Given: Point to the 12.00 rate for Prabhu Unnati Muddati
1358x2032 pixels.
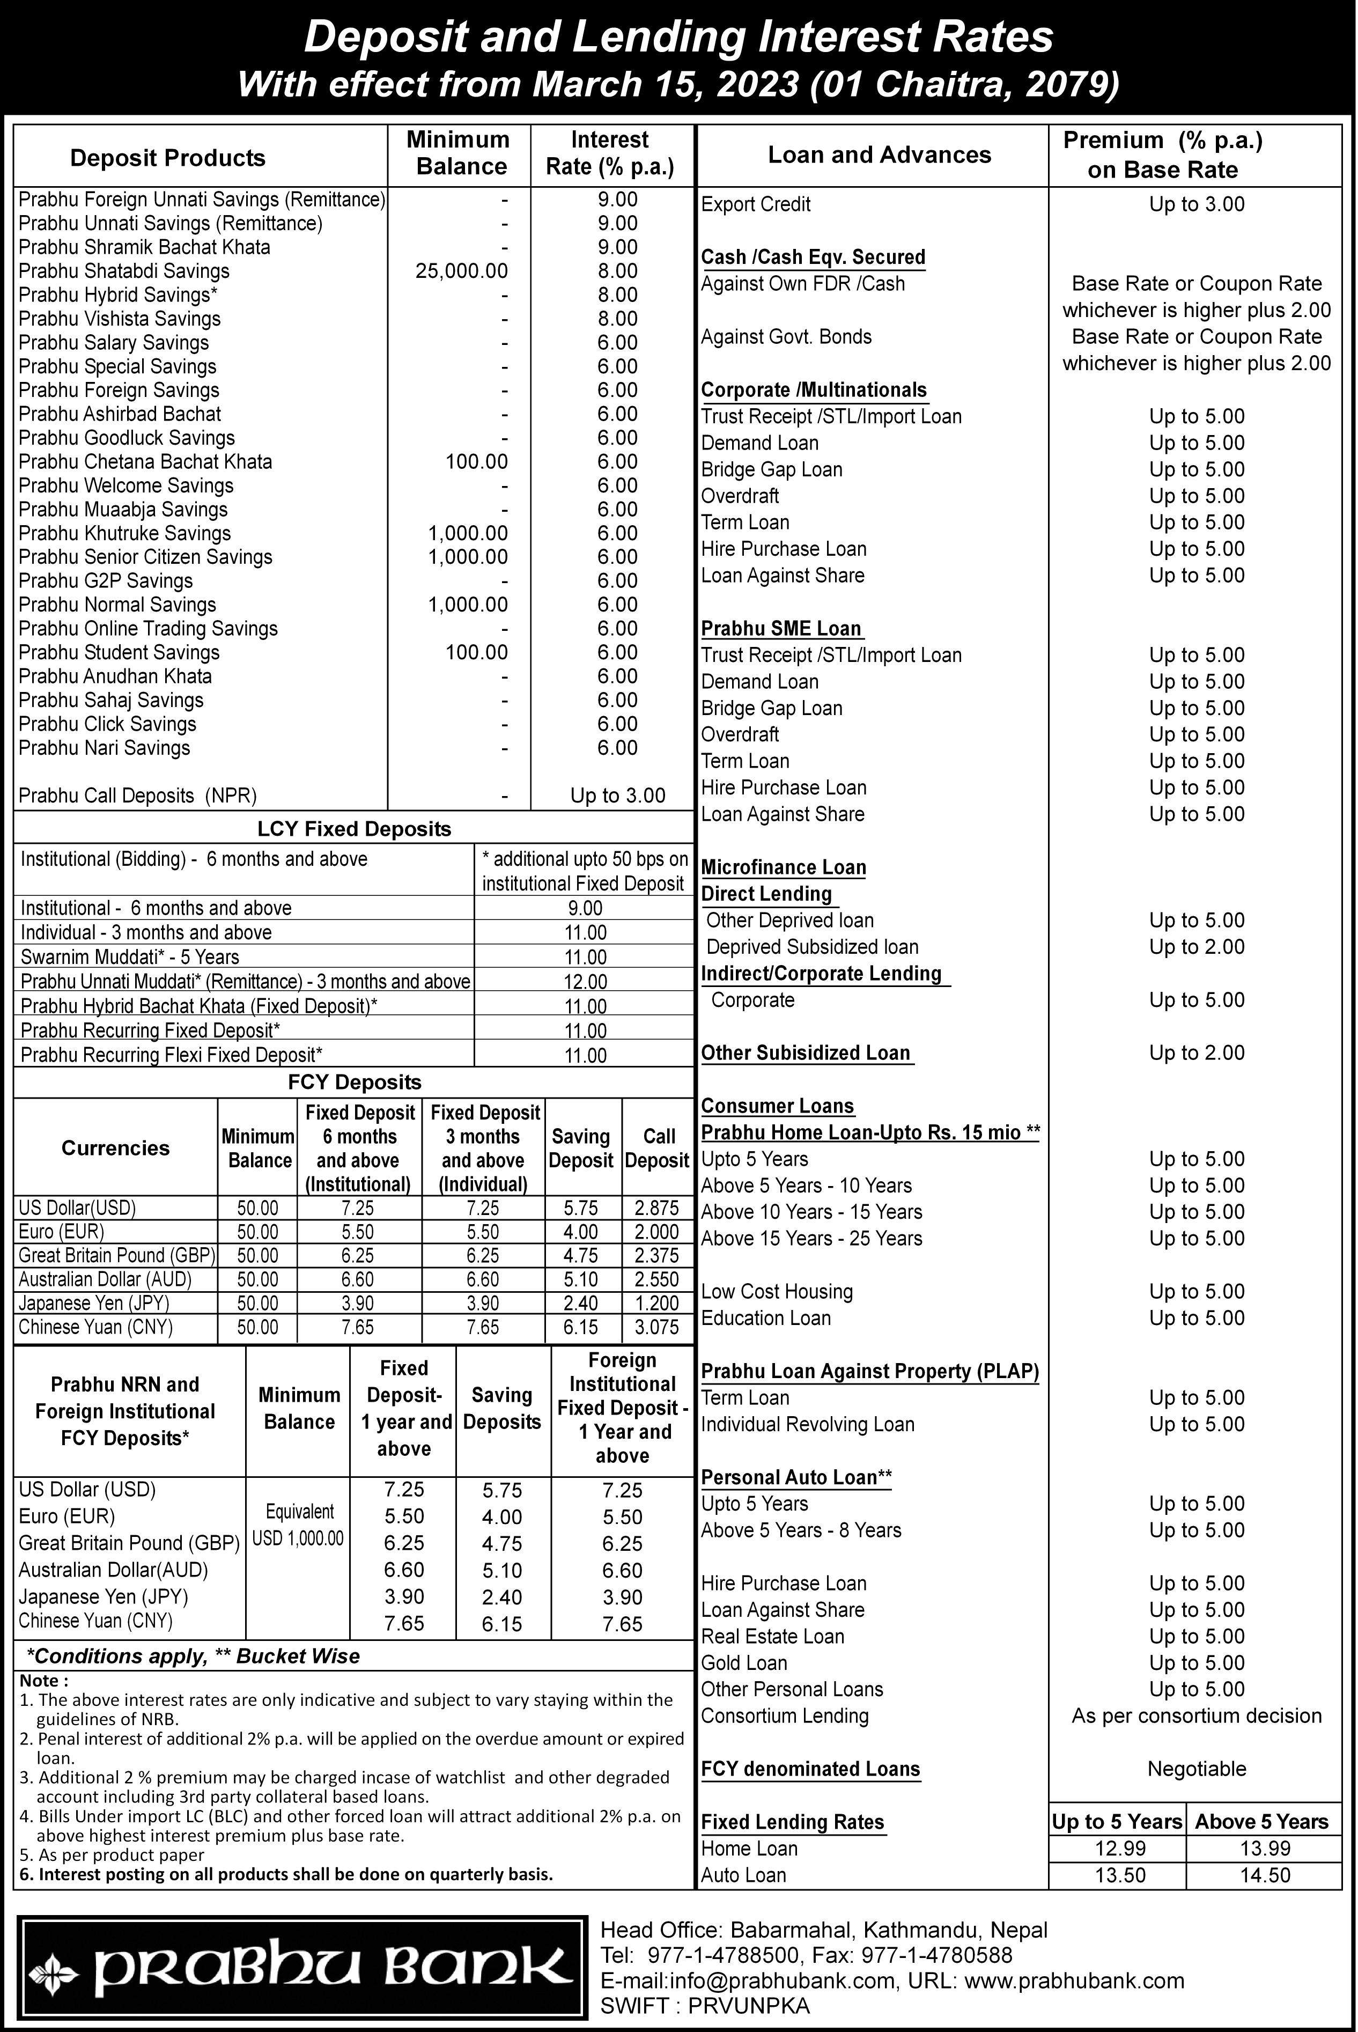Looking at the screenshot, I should tap(586, 981).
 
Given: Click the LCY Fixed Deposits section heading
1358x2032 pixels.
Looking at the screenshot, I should tap(354, 829).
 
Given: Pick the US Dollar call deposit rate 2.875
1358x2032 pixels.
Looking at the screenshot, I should tap(656, 1208).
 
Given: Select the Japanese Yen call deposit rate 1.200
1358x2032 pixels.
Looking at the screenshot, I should tap(656, 1302).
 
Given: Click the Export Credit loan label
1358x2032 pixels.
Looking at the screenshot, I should tap(755, 204).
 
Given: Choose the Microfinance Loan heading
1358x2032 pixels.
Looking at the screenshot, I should tap(783, 867).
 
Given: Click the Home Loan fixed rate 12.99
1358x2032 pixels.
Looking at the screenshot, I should tap(1120, 1849).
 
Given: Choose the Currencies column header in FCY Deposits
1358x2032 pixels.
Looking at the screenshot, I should tap(115, 1147).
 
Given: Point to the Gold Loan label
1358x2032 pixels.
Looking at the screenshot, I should tap(744, 1662).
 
